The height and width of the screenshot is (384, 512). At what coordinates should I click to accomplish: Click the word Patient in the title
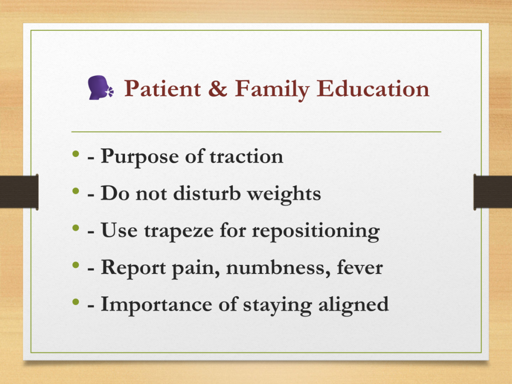click(x=162, y=88)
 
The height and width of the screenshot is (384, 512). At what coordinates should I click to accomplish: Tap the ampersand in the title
click(x=218, y=88)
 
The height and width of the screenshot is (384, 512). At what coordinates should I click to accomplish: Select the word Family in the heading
click(x=272, y=90)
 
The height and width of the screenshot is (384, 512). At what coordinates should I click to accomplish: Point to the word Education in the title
click(x=373, y=88)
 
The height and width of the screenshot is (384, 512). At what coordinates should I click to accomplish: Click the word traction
click(x=246, y=156)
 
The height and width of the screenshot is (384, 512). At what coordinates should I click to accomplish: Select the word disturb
click(x=206, y=193)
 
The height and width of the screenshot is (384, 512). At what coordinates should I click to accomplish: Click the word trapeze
click(x=179, y=231)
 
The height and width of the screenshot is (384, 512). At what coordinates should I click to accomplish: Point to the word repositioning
click(x=316, y=231)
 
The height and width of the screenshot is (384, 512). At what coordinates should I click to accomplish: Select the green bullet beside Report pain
click(x=76, y=264)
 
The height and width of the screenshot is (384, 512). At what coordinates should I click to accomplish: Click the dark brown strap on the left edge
click(x=19, y=191)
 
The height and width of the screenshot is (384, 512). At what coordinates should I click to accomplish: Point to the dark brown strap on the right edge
click(x=492, y=192)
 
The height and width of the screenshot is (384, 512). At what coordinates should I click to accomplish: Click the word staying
click(x=277, y=305)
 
